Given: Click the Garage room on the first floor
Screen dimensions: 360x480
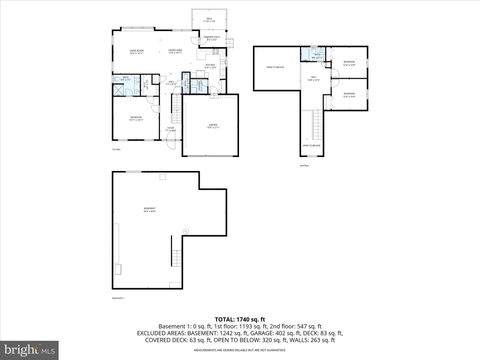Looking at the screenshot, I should click(x=212, y=126).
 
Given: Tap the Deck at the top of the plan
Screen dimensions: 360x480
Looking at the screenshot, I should click(x=210, y=20).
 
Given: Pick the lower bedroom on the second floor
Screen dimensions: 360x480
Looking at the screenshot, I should click(x=349, y=94).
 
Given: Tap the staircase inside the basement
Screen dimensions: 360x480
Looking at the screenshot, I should click(x=184, y=249).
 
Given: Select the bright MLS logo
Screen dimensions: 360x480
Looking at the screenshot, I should click(x=29, y=350).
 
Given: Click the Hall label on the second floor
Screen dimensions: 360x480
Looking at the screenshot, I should click(x=312, y=78).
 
